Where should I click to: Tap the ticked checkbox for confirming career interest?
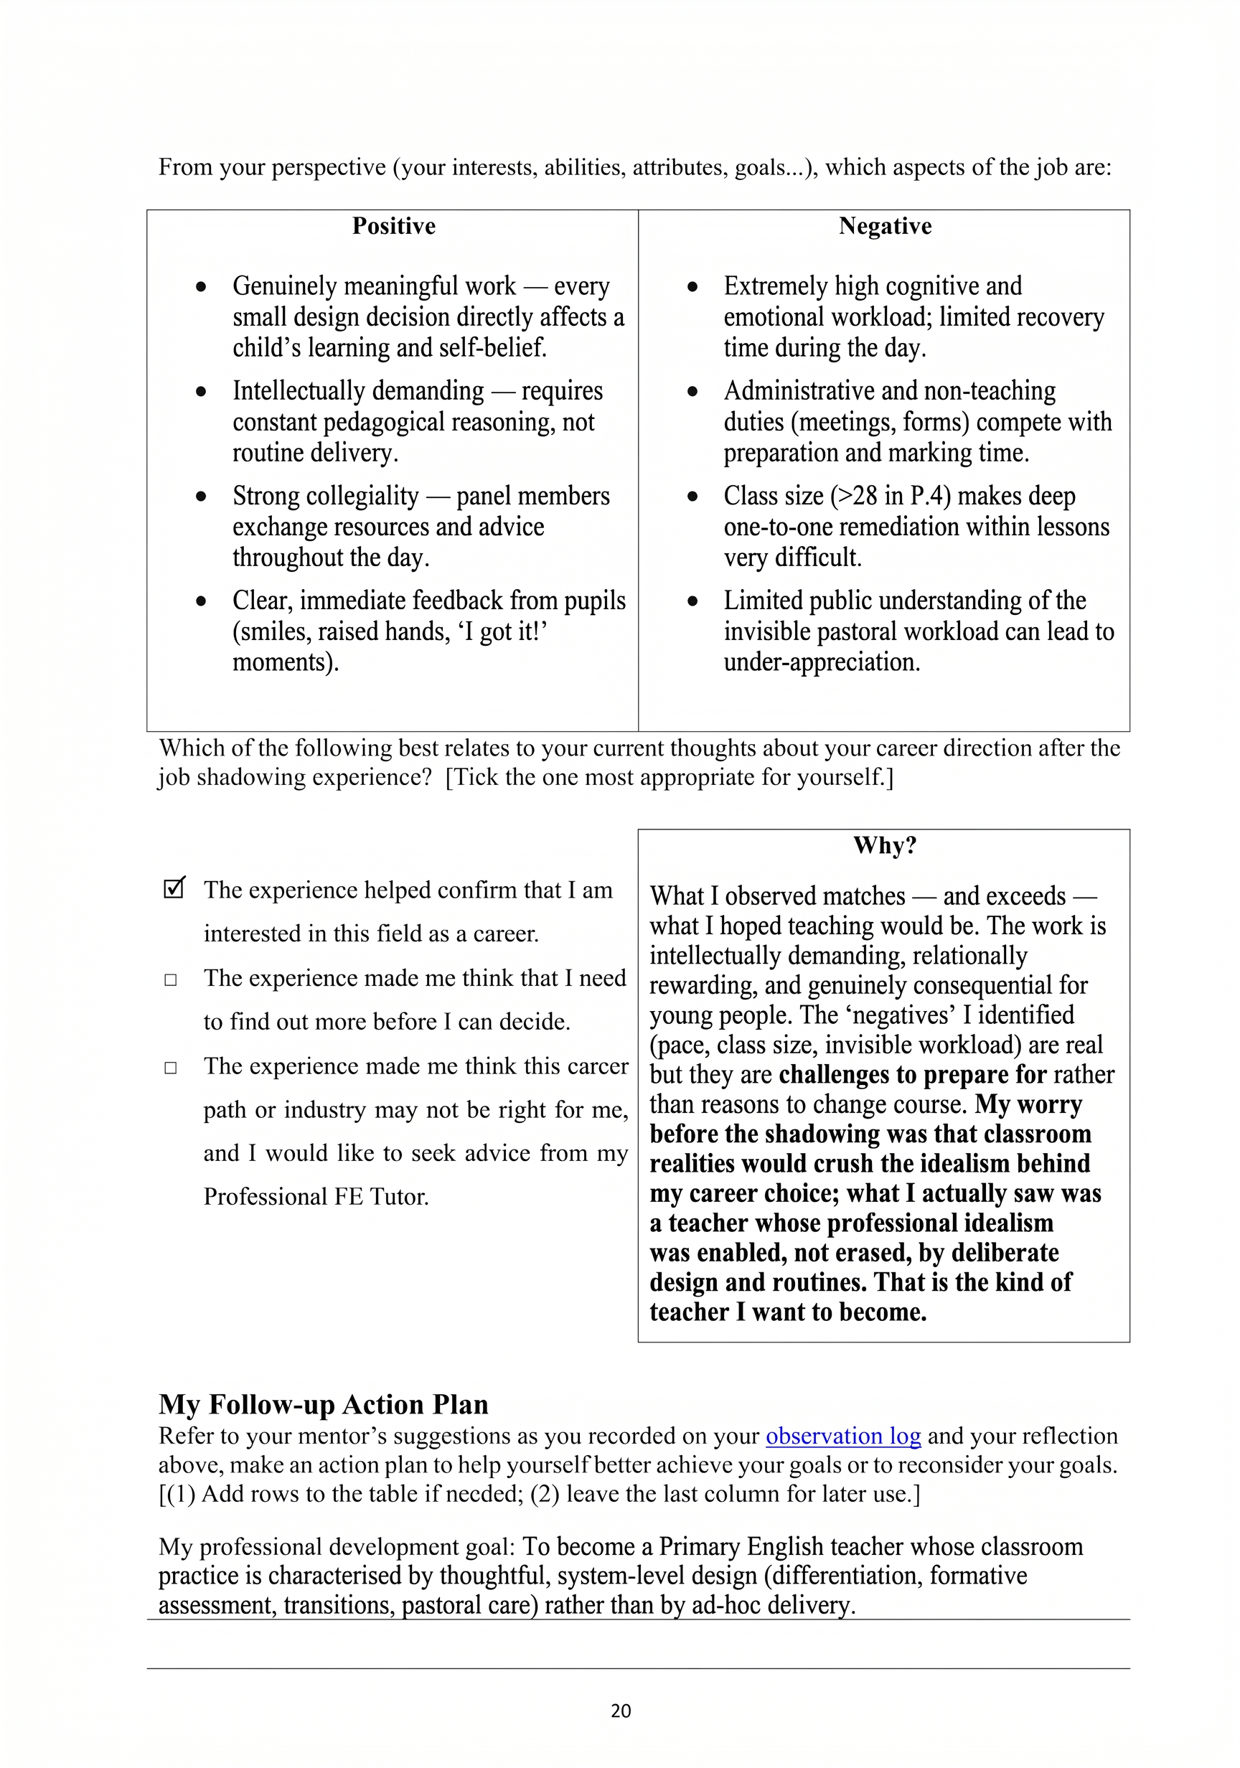tap(174, 888)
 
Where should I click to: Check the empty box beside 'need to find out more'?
tap(171, 979)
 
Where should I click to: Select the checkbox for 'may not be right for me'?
tap(171, 1067)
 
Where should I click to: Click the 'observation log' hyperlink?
tap(842, 1435)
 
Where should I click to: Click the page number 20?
tap(620, 1711)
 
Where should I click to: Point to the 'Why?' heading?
tap(884, 845)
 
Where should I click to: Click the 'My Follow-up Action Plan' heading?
tap(324, 1403)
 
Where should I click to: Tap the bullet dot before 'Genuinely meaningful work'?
tap(201, 287)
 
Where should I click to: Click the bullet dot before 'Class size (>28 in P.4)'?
tap(692, 497)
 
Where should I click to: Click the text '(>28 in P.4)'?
tap(890, 496)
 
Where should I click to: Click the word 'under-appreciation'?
tap(821, 662)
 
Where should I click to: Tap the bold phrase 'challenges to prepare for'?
tap(912, 1074)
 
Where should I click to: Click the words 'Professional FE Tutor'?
tap(316, 1196)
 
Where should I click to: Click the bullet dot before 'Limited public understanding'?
tap(692, 601)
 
